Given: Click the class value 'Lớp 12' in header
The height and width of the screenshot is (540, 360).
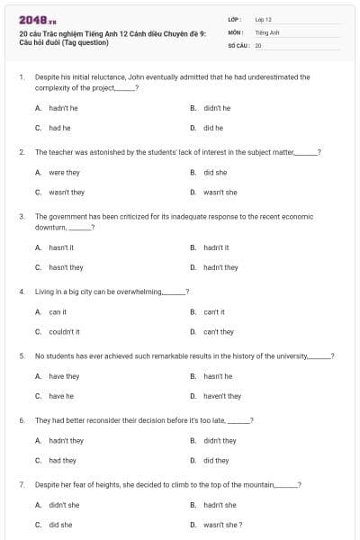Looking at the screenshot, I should (x=263, y=18).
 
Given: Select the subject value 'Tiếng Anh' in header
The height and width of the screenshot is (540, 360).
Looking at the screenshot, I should (x=267, y=31).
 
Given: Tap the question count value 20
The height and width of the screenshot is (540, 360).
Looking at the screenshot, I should (x=258, y=44).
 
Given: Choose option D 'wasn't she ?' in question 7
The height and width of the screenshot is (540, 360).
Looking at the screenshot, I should (x=222, y=525).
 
